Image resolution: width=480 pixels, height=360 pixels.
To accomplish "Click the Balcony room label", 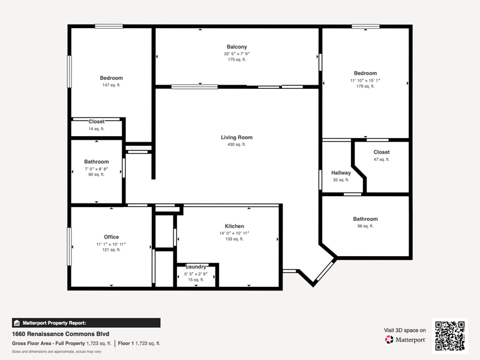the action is [x=236, y=47].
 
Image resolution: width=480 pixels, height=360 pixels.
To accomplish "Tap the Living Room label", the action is [x=236, y=137].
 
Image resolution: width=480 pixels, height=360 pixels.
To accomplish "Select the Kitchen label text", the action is [x=234, y=226].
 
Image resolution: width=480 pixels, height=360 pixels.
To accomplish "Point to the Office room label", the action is [x=111, y=237].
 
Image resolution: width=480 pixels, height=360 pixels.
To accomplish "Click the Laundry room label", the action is [x=196, y=266].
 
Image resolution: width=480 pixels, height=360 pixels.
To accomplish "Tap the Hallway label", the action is [x=341, y=173].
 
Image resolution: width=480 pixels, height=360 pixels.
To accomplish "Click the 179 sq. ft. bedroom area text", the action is [x=365, y=86].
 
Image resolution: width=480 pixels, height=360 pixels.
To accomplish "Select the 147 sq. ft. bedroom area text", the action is [x=111, y=85].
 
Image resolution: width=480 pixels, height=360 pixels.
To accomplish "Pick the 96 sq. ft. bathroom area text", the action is [x=365, y=226].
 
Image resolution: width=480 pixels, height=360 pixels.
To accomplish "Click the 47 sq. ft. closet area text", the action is [x=382, y=159].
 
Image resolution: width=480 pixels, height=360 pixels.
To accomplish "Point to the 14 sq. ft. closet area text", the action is [x=97, y=129].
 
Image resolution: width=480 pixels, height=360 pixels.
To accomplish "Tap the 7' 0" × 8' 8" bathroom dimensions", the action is [x=97, y=169].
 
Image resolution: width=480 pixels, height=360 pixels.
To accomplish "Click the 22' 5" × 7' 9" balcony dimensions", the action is [x=236, y=54].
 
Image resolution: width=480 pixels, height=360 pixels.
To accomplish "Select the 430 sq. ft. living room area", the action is [x=236, y=145].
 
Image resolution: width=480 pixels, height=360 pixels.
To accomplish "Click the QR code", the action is [x=449, y=336].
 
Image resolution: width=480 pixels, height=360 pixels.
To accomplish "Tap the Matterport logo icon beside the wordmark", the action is [x=389, y=340].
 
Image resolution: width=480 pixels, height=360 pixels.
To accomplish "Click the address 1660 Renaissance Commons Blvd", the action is [x=61, y=334].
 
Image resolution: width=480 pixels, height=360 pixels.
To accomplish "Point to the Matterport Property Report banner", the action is [x=86, y=323].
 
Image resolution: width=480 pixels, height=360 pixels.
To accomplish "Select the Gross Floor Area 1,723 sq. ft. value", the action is [x=98, y=343].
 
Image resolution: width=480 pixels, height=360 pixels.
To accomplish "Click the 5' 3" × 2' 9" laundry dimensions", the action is [x=196, y=274].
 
